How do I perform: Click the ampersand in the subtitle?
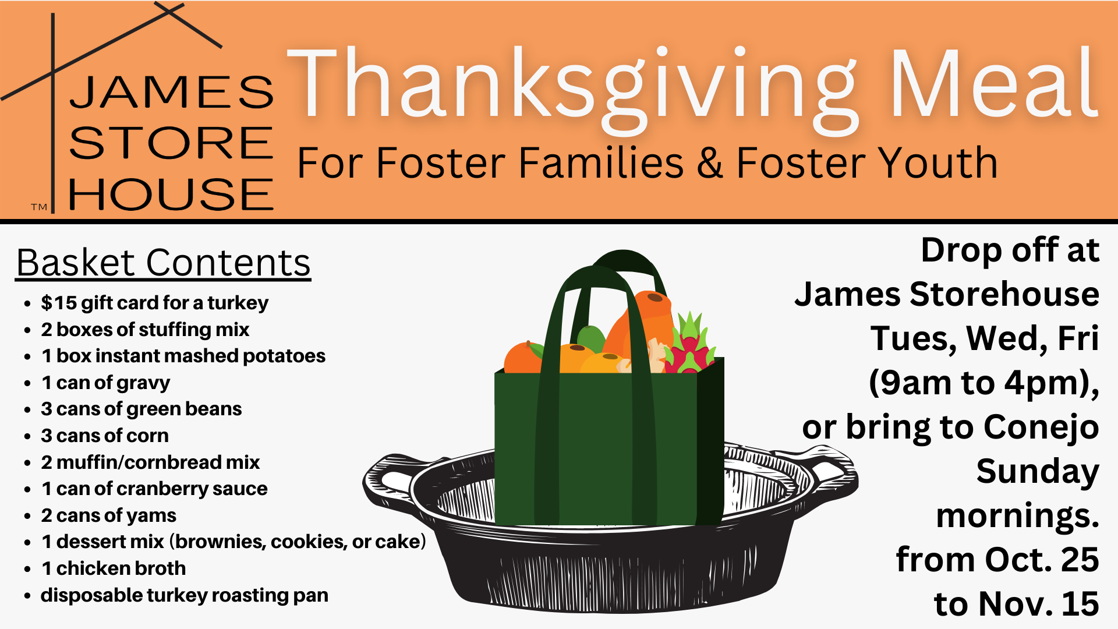[x=710, y=162]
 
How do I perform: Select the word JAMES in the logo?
[x=171, y=92]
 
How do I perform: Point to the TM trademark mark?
[x=39, y=207]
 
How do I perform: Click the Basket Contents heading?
[x=163, y=263]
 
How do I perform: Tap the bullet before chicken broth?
[x=27, y=569]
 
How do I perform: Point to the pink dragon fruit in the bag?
[x=691, y=347]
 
